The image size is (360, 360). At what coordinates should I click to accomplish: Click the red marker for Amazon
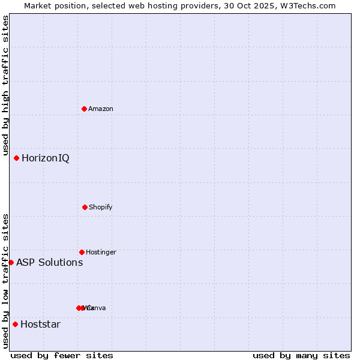pos(85,109)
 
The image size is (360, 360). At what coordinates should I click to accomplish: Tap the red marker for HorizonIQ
pos(17,158)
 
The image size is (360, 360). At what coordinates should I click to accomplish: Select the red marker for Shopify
pos(85,207)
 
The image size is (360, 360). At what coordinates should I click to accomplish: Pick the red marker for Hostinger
pos(82,252)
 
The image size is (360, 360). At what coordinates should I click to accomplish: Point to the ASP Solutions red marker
pos(11,262)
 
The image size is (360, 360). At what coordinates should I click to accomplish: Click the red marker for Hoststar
pos(15,324)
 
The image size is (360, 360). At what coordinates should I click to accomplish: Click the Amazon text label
pos(101,109)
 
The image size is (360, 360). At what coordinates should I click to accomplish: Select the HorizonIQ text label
pos(46,158)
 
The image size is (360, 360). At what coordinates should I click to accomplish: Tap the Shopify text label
pos(101,208)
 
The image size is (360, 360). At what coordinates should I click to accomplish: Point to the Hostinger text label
pos(101,253)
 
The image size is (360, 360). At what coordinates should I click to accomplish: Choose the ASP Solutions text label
pos(49,263)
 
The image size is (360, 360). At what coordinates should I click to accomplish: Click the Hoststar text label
pos(40,325)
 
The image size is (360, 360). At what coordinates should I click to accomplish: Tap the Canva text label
pos(97,308)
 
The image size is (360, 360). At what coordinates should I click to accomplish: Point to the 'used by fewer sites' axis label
pos(62,355)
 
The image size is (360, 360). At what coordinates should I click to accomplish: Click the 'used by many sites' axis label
pos(301,355)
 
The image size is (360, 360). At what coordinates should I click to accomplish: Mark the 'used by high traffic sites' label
pos(6,86)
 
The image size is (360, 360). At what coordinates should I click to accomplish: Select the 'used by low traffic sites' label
pos(6,281)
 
